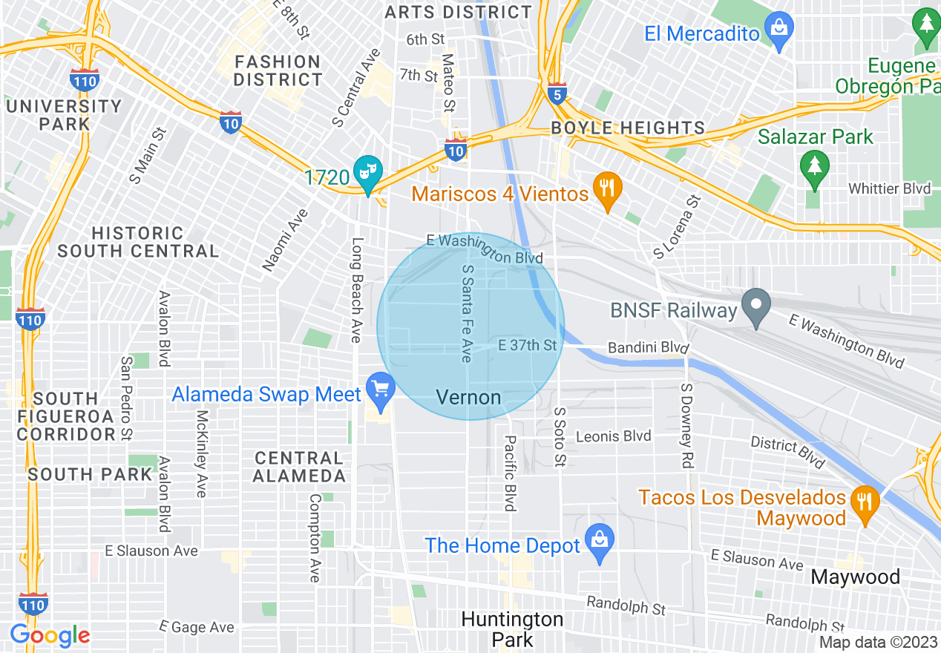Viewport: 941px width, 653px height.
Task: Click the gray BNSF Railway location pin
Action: click(x=756, y=306)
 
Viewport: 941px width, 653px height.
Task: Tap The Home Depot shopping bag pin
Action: click(x=600, y=542)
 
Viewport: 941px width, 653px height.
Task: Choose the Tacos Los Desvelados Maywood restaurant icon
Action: click(x=865, y=503)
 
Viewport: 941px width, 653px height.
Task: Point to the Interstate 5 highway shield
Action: click(x=558, y=93)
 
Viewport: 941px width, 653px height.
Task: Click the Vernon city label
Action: click(x=468, y=398)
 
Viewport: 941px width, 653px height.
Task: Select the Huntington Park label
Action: click(x=512, y=629)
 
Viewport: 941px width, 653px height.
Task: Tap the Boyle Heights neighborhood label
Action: click(x=628, y=128)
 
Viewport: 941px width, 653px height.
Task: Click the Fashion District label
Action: click(x=278, y=70)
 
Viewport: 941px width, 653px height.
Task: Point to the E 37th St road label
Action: click(x=527, y=346)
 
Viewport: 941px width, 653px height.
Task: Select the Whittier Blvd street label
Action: click(x=889, y=188)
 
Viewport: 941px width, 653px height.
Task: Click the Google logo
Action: click(x=50, y=635)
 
